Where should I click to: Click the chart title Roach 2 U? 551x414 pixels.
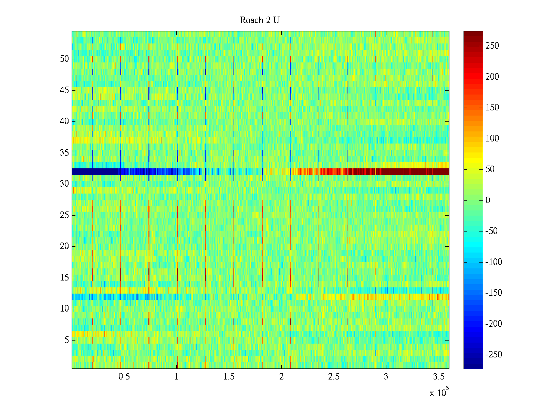pyautogui.click(x=259, y=20)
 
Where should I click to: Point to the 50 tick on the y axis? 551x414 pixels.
pyautogui.click(x=64, y=59)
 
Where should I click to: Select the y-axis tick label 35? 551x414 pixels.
pyautogui.click(x=64, y=153)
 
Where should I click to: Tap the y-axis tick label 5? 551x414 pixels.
pyautogui.click(x=66, y=340)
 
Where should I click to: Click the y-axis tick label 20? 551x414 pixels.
pyautogui.click(x=64, y=246)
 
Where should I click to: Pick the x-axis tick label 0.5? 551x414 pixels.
pyautogui.click(x=124, y=377)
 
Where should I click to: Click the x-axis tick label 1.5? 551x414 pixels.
pyautogui.click(x=229, y=377)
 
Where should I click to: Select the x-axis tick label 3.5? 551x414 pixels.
pyautogui.click(x=439, y=377)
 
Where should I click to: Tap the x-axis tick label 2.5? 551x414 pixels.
pyautogui.click(x=334, y=377)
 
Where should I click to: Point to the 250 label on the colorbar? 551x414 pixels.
pyautogui.click(x=492, y=46)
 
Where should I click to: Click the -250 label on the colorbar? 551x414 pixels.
pyautogui.click(x=493, y=355)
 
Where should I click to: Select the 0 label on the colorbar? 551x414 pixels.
pyautogui.click(x=488, y=200)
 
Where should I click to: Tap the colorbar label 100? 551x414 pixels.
pyautogui.click(x=492, y=139)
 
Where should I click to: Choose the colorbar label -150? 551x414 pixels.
pyautogui.click(x=493, y=293)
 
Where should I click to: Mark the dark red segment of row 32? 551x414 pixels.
pyautogui.click(x=413, y=171)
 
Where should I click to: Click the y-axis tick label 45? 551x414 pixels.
pyautogui.click(x=64, y=90)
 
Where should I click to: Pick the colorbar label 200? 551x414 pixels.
pyautogui.click(x=492, y=77)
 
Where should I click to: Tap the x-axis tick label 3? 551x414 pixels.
pyautogui.click(x=386, y=377)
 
